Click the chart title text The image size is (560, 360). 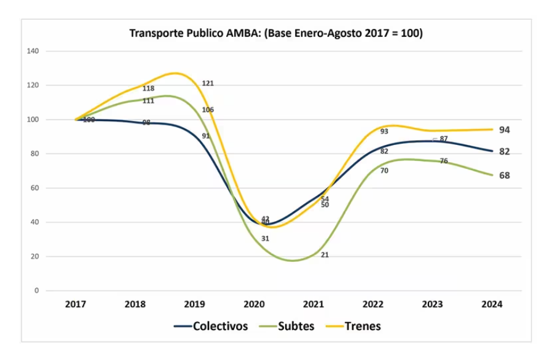click(x=276, y=33)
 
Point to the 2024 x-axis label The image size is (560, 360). click(x=492, y=304)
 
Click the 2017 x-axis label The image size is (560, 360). click(x=76, y=304)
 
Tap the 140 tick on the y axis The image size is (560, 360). click(x=33, y=51)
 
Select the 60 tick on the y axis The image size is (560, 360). click(x=35, y=188)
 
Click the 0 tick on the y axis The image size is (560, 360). click(x=37, y=291)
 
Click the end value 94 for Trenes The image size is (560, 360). click(x=505, y=130)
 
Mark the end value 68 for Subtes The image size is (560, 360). click(x=505, y=176)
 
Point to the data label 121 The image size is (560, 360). click(x=208, y=83)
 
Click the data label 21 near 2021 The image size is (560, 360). click(x=325, y=254)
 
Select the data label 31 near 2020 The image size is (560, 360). click(x=266, y=238)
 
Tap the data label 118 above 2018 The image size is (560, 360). click(x=148, y=88)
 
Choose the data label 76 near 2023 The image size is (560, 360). click(x=444, y=161)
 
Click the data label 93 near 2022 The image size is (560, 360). click(x=384, y=131)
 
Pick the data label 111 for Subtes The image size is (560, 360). click(x=148, y=101)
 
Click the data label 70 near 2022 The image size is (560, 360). click(x=384, y=170)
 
